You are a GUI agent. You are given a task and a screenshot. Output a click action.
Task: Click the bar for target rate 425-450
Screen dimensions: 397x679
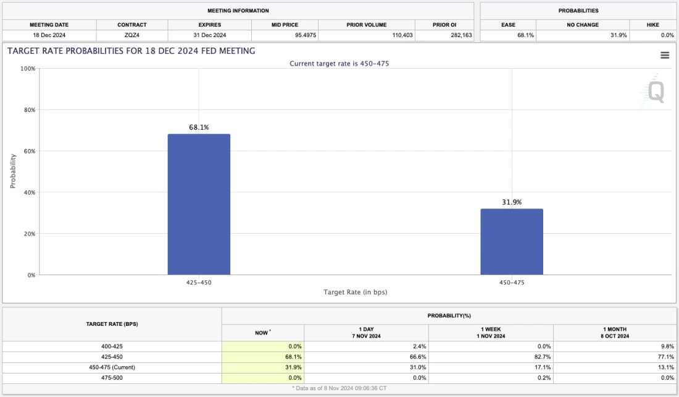pyautogui.click(x=199, y=204)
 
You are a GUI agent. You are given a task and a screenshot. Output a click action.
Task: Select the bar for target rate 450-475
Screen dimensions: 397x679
pyautogui.click(x=512, y=242)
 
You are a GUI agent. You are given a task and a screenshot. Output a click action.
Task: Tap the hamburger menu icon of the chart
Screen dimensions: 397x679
pyautogui.click(x=665, y=55)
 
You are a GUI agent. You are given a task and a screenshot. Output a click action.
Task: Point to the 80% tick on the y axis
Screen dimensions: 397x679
pyautogui.click(x=28, y=110)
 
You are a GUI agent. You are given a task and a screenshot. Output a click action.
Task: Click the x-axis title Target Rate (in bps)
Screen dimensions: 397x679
pyautogui.click(x=355, y=292)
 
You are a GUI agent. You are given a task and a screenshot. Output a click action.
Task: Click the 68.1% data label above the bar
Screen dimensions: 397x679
pyautogui.click(x=199, y=127)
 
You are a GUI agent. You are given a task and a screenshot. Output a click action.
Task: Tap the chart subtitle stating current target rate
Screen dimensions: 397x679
pyautogui.click(x=339, y=64)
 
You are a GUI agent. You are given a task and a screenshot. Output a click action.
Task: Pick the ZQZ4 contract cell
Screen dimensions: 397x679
pyautogui.click(x=132, y=35)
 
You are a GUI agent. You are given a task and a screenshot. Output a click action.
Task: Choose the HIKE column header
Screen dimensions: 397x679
pyautogui.click(x=652, y=25)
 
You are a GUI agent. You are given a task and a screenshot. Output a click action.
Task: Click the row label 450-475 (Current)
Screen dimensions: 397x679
pyautogui.click(x=112, y=367)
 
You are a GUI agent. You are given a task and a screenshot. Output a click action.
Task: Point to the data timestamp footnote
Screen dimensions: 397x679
pyautogui.click(x=339, y=388)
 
